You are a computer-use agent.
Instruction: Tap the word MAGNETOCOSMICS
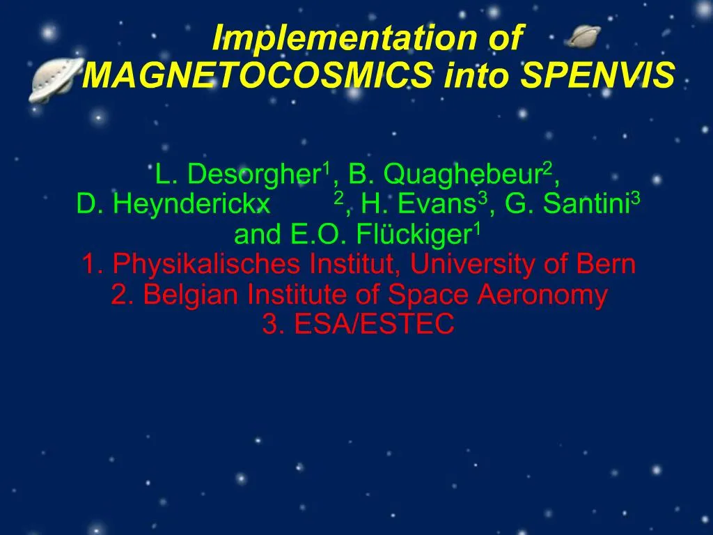pos(260,76)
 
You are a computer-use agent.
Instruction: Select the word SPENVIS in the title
pos(598,76)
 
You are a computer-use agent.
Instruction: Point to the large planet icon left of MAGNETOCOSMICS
pos(52,78)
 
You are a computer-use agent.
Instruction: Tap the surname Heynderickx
pos(191,204)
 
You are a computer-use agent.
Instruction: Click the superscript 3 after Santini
pos(636,199)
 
